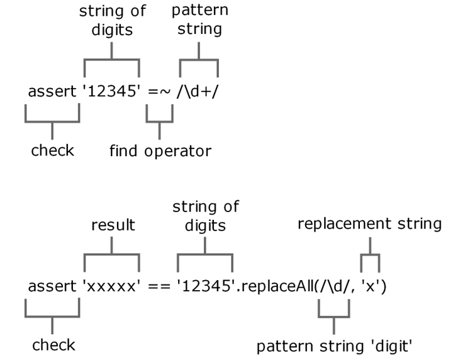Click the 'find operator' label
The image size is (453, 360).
coord(160,151)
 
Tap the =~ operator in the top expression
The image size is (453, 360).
coord(159,91)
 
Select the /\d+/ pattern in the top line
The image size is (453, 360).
coord(198,91)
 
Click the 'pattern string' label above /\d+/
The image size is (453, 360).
coord(199,20)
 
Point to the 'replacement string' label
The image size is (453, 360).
coord(369,223)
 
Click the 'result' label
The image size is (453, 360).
coord(113,225)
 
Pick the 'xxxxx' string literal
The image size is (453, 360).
coord(111,286)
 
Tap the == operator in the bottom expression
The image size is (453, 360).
coord(159,286)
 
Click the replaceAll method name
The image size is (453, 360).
coord(277,286)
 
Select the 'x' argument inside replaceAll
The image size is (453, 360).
coord(370,286)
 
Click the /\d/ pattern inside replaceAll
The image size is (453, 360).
coord(333,286)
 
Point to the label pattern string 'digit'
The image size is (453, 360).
coord(334,346)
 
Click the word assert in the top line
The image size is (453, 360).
coord(52,91)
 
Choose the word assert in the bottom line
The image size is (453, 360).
coord(52,286)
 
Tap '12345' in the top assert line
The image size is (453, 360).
coord(111,91)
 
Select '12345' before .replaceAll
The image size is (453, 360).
coord(205,286)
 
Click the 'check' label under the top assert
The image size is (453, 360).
coord(52,150)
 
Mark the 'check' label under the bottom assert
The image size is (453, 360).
coord(53,345)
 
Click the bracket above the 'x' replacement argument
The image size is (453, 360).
coord(370,255)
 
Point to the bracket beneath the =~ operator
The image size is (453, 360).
coord(159,122)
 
